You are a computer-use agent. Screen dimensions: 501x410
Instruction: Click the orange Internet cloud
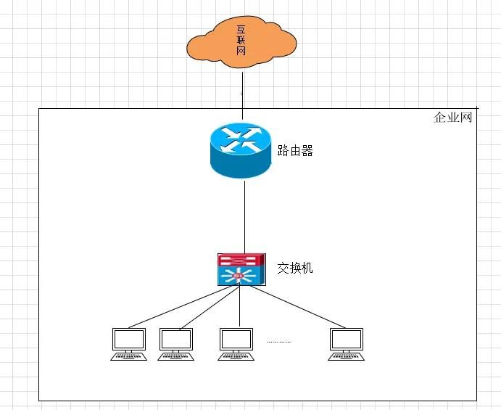click(241, 42)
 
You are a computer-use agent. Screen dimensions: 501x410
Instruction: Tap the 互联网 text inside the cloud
click(241, 41)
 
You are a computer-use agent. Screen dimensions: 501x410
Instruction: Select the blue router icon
click(241, 150)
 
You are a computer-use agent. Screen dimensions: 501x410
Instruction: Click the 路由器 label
click(295, 150)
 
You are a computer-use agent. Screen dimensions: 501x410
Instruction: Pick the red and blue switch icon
click(241, 269)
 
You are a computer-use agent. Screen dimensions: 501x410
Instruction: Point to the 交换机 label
click(295, 268)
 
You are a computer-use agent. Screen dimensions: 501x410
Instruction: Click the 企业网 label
click(452, 118)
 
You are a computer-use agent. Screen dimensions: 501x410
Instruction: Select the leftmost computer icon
click(129, 345)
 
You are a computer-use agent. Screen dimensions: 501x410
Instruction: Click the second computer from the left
click(175, 345)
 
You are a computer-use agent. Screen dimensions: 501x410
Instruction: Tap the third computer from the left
click(236, 345)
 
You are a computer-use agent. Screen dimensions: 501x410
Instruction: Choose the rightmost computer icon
click(347, 345)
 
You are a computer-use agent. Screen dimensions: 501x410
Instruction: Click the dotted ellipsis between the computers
click(278, 342)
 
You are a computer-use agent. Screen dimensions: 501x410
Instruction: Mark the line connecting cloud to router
click(242, 96)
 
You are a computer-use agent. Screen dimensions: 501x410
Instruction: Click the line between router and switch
click(245, 217)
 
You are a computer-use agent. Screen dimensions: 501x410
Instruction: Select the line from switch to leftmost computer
click(181, 306)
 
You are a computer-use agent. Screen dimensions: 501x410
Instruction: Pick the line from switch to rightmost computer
click(297, 307)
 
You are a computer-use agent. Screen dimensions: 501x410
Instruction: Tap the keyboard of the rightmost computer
click(347, 356)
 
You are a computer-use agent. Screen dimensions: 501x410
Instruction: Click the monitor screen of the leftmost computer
click(129, 339)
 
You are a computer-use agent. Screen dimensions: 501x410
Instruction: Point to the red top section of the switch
click(241, 260)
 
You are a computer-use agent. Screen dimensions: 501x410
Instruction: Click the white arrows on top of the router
click(241, 139)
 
